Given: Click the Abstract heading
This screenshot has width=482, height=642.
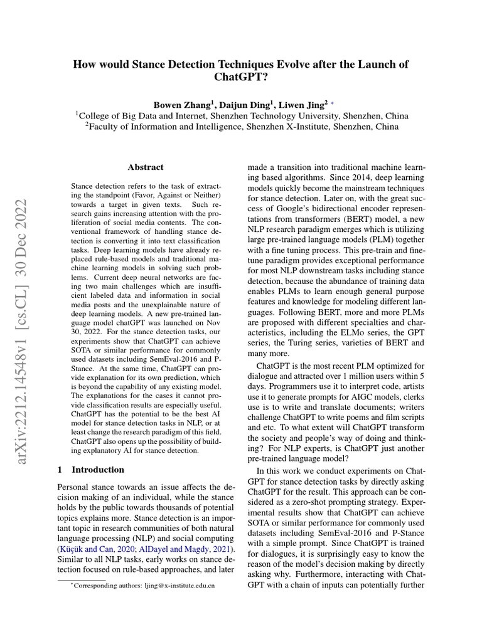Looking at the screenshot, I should [146, 167].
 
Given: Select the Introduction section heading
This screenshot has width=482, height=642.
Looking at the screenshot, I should [98, 469].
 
